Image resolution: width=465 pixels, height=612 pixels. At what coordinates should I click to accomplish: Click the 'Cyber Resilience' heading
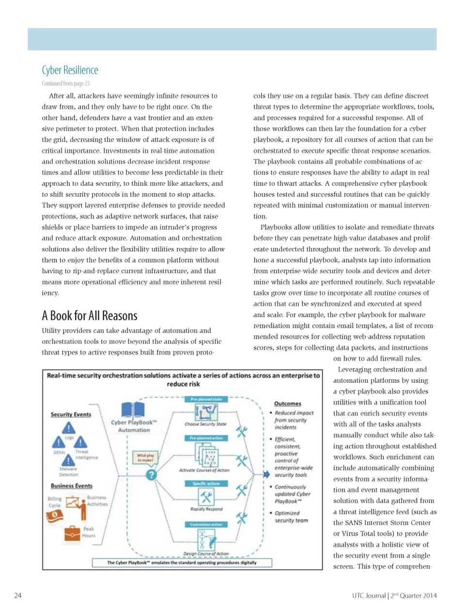click(x=70, y=71)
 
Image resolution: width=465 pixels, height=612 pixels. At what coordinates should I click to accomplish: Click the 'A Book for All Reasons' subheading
click(x=90, y=316)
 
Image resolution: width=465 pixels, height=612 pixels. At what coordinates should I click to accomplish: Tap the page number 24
click(x=17, y=596)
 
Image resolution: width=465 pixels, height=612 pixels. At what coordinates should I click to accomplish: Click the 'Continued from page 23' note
click(x=65, y=84)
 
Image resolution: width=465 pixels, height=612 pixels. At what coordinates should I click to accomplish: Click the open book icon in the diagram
click(x=133, y=409)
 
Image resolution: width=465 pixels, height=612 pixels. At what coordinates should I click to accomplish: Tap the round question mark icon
click(x=152, y=475)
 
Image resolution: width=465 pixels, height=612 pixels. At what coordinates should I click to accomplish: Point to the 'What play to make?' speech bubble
click(x=145, y=457)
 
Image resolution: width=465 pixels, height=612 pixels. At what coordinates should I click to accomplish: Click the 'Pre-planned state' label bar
click(x=206, y=400)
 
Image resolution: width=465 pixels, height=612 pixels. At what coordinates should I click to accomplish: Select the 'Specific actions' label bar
click(x=206, y=483)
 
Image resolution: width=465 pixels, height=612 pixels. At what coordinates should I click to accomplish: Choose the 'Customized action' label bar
click(x=206, y=524)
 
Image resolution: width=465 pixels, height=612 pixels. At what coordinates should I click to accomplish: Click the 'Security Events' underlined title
click(x=71, y=415)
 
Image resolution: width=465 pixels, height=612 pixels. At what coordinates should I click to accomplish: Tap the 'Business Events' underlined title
click(x=71, y=486)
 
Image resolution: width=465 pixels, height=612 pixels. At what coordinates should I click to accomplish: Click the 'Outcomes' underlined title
click(x=287, y=403)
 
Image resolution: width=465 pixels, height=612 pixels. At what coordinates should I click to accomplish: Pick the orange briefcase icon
click(x=72, y=533)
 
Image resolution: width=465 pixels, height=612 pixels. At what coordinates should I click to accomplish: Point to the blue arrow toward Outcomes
click(x=266, y=474)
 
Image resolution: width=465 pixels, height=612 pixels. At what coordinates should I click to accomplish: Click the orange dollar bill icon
click(x=54, y=516)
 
